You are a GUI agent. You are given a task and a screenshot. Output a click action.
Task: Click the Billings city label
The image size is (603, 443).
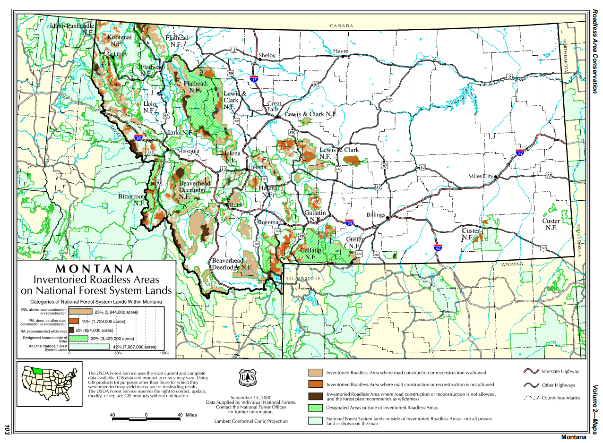(376, 215)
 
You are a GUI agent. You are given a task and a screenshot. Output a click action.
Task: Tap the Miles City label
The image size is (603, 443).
(481, 176)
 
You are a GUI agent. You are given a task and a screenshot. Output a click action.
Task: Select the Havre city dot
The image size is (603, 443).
(343, 56)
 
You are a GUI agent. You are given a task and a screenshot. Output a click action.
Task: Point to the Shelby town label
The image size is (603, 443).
(267, 56)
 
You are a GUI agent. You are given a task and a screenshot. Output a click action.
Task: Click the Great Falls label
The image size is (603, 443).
(275, 107)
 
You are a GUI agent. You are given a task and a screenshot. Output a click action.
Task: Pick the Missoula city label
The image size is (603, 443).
(189, 151)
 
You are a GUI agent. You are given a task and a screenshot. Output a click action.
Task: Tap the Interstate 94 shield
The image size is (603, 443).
(519, 153)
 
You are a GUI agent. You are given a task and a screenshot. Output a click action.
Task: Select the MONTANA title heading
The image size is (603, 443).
(95, 268)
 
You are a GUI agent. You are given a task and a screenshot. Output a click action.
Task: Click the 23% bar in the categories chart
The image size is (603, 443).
(81, 311)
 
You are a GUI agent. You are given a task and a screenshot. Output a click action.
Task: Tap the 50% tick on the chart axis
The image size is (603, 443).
(118, 353)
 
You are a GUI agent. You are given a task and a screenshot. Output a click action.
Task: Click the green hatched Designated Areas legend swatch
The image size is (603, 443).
(315, 408)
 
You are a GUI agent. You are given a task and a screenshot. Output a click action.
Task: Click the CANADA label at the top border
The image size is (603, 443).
(341, 26)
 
